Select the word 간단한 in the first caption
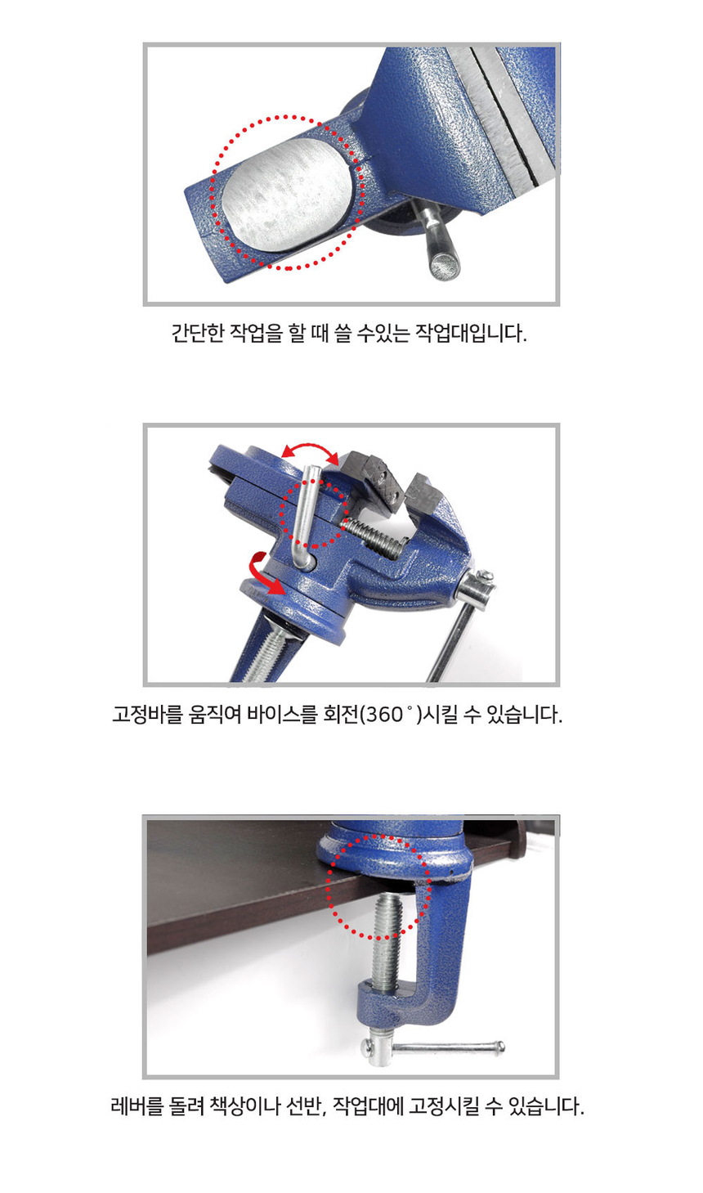197,334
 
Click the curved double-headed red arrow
310,451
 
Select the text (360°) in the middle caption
392,715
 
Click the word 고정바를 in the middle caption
138,715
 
